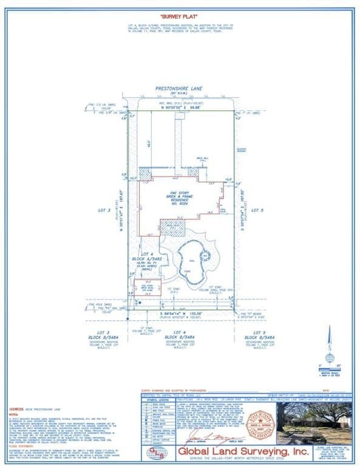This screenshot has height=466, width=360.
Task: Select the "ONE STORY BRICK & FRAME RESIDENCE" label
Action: pos(180,198)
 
